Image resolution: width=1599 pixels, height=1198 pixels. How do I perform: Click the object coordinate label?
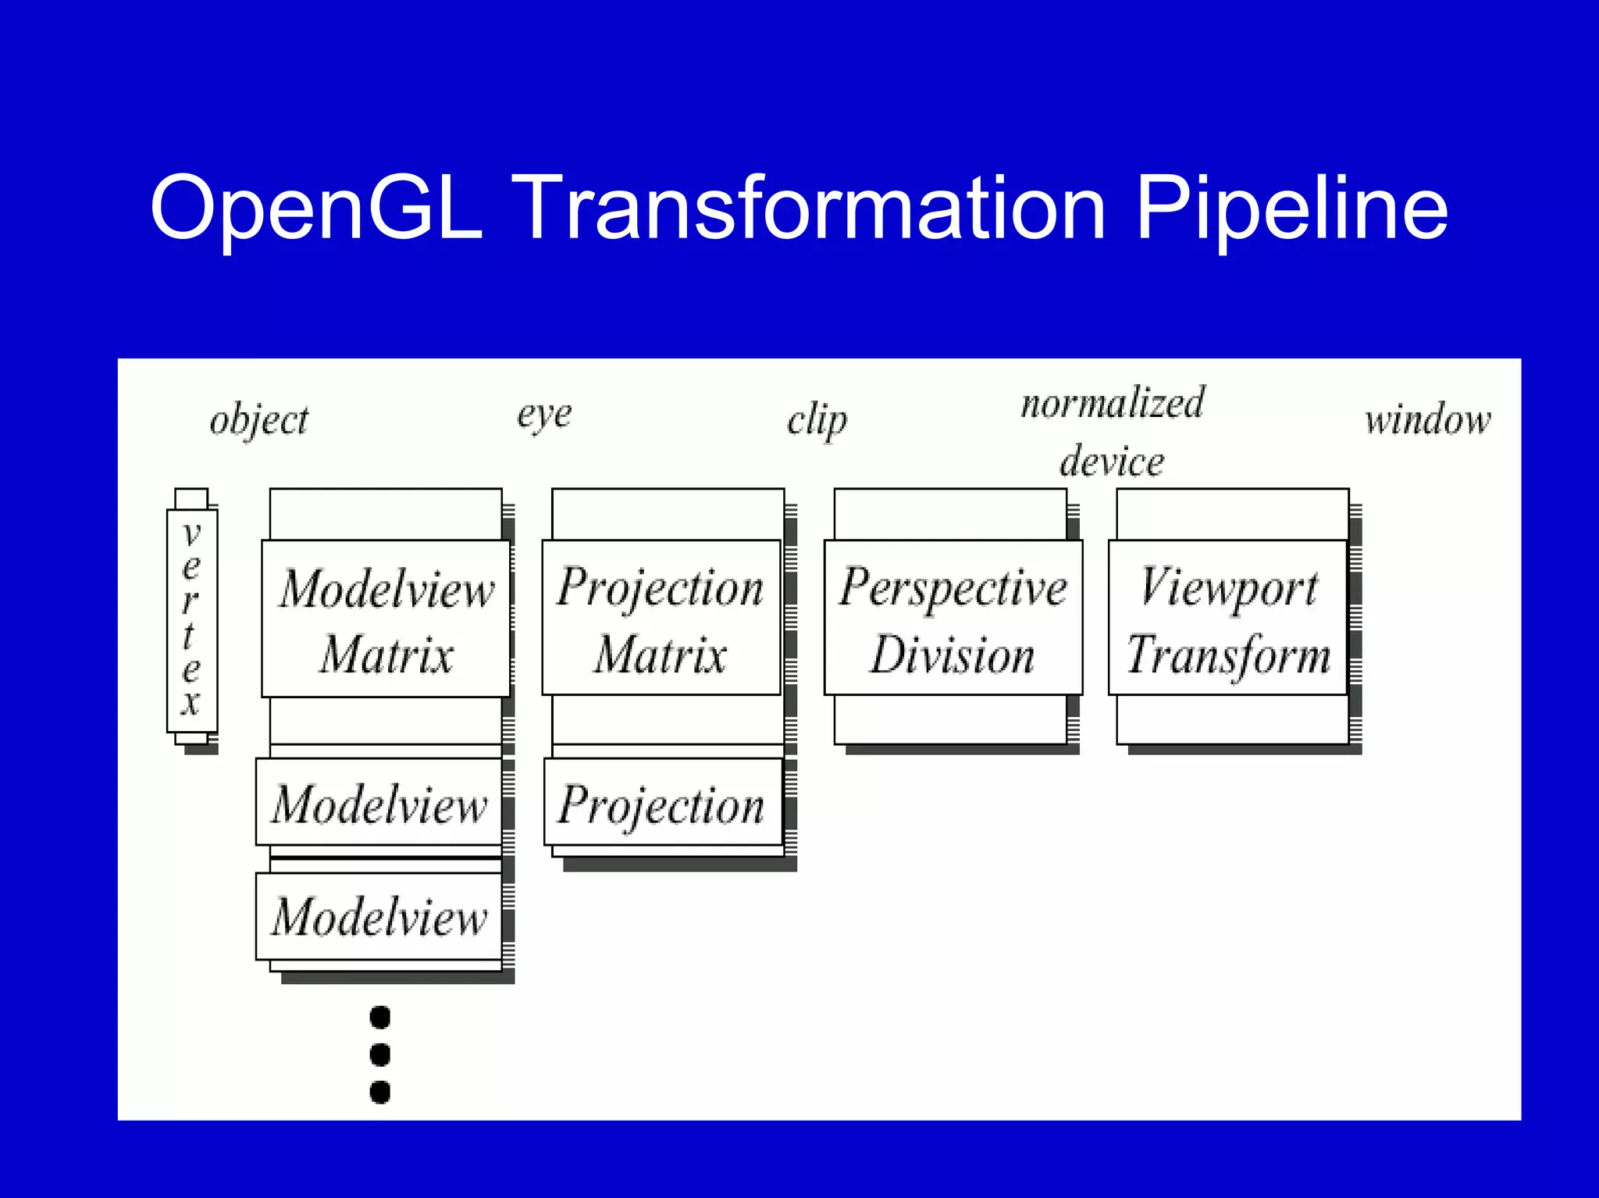coord(259,420)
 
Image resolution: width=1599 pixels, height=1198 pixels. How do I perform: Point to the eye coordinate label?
coord(544,415)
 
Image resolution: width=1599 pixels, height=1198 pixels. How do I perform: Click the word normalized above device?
coord(1113,404)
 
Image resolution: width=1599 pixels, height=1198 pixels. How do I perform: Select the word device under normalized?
coord(1112,461)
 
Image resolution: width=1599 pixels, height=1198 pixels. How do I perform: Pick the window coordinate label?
coord(1427,419)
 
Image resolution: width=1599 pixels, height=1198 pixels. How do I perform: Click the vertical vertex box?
coord(192,620)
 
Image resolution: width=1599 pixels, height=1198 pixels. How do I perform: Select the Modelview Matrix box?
coord(386,619)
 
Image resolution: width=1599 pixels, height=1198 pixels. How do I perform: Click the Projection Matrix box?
coord(661,617)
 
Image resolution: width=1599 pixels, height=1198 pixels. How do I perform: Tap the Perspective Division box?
coord(953,617)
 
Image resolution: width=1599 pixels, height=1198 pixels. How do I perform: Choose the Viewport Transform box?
coord(1228,617)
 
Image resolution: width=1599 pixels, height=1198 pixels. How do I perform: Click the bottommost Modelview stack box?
coord(379,916)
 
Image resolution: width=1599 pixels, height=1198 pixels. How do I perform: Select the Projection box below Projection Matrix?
coord(662,803)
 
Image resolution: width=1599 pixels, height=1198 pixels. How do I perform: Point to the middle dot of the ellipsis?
coord(380,1054)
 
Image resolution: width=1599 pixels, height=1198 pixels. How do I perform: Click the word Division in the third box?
coord(953,654)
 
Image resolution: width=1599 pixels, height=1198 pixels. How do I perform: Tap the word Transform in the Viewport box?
coord(1228,654)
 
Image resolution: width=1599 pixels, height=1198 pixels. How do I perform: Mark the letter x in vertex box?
coord(191,702)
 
